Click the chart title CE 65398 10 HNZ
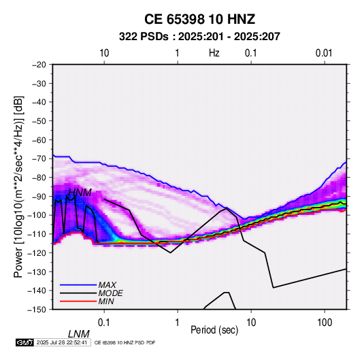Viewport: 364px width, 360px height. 199,19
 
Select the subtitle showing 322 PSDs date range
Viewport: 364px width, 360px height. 199,37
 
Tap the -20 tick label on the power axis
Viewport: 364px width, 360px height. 39,65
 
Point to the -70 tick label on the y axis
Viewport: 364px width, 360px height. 39,159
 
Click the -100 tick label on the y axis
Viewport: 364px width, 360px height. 37,215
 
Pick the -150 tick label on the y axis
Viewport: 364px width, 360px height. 37,310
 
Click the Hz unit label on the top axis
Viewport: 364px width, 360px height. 214,53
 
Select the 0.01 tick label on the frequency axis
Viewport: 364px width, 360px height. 324,53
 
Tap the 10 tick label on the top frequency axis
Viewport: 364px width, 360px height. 104,53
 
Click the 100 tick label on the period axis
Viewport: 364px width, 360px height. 325,323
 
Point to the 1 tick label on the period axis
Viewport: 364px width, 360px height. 178,323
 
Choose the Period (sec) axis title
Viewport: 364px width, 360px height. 214,330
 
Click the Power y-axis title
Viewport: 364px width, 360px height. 18,186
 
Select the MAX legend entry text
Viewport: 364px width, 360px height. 107,285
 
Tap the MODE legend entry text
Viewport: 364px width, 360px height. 110,293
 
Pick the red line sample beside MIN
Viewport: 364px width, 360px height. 78,301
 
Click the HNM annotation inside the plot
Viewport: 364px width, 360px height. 80,193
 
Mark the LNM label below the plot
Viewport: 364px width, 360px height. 79,334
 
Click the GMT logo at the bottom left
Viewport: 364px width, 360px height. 25,342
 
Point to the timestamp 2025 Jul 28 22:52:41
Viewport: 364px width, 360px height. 62,342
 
